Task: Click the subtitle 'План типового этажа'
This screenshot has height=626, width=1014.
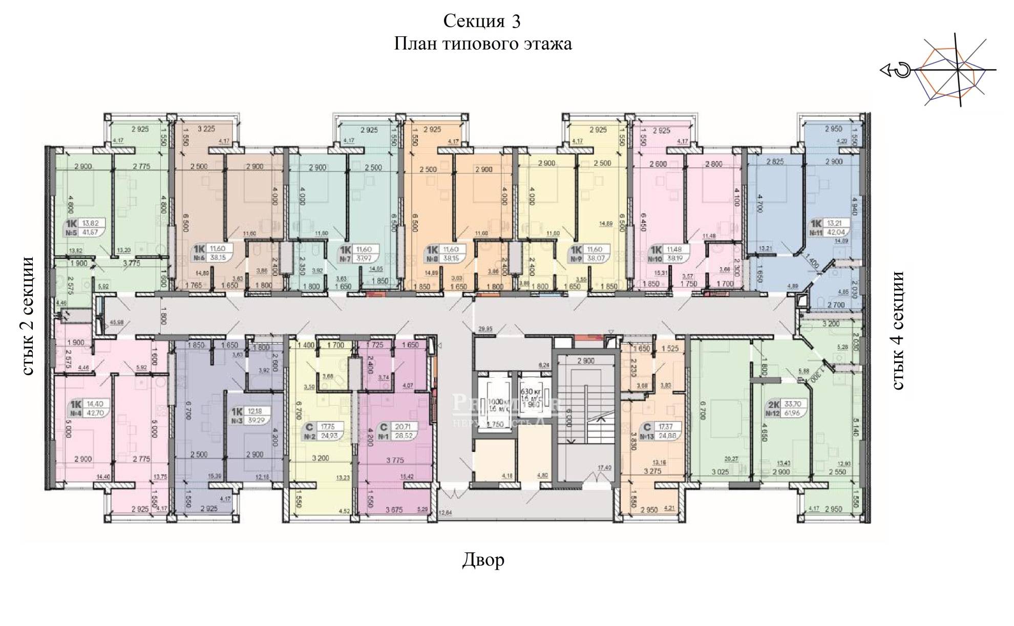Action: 482,45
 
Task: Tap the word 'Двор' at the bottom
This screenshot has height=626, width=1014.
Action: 483,559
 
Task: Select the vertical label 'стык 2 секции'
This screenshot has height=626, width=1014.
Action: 29,316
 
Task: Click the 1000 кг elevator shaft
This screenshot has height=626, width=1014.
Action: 494,404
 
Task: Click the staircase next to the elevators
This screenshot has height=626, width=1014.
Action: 586,420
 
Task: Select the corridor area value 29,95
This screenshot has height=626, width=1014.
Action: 485,329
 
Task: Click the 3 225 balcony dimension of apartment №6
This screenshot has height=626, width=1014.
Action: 206,129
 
